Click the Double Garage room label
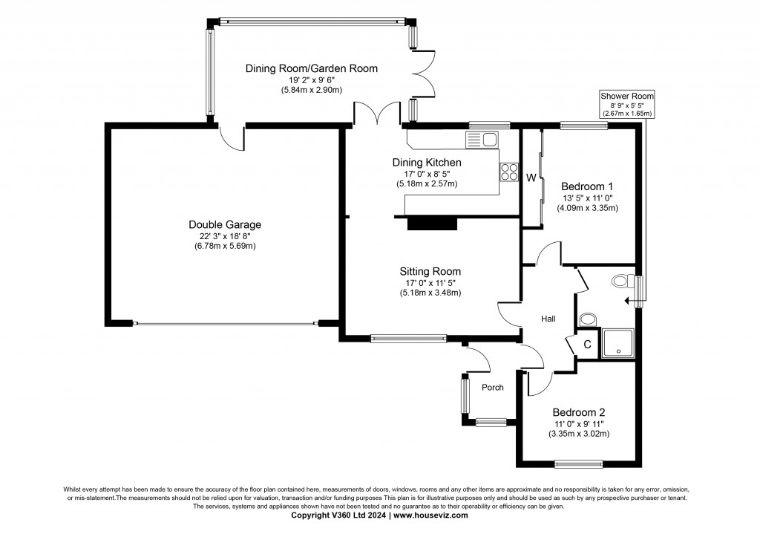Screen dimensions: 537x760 tap(224, 224)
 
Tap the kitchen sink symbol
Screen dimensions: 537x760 tap(482, 138)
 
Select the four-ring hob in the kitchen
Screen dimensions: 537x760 tap(509, 172)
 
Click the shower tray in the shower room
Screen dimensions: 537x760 tap(617, 343)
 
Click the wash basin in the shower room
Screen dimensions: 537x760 tap(587, 319)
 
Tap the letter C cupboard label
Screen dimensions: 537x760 tap(586, 345)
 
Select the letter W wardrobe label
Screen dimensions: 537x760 tap(531, 178)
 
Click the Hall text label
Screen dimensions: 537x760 tap(548, 319)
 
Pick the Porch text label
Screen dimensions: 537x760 tap(493, 387)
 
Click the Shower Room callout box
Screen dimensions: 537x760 tap(627, 105)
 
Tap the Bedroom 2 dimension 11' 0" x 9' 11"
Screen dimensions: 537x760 tap(578, 423)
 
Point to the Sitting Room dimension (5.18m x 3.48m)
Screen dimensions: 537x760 tap(430, 293)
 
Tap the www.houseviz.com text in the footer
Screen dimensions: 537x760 tap(430, 515)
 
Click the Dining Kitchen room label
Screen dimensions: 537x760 tap(427, 163)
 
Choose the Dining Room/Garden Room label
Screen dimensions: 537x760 tap(311, 68)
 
